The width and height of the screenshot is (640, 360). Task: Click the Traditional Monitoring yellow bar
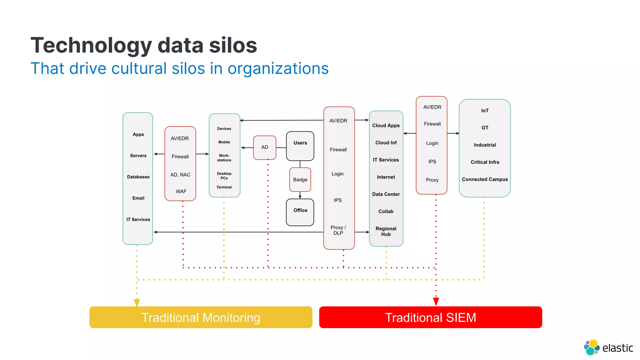tap(201, 317)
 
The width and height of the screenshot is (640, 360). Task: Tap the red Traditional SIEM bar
tap(430, 317)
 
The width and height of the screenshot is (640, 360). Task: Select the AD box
tap(264, 147)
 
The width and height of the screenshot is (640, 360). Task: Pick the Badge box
tap(300, 180)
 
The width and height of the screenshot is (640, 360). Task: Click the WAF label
tap(181, 191)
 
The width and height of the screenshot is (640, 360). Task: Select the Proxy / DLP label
tap(338, 230)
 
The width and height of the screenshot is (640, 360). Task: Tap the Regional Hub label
tap(386, 231)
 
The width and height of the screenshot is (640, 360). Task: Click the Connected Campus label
tap(485, 179)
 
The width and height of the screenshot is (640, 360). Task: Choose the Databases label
tap(138, 177)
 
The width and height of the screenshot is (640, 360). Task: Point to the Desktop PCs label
tap(224, 176)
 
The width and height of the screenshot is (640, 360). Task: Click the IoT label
tap(485, 111)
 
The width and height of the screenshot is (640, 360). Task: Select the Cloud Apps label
tap(386, 125)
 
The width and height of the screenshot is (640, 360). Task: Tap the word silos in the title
tap(233, 46)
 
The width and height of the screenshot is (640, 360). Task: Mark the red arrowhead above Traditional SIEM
tap(436, 302)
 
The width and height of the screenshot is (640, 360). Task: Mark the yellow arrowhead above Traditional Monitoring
tap(137, 302)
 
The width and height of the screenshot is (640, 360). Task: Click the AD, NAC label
tap(180, 175)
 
